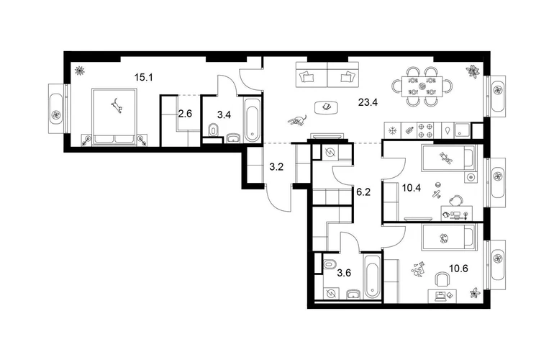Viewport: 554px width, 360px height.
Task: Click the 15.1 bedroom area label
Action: [x=143, y=77]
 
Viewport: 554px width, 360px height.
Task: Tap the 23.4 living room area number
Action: [x=368, y=102]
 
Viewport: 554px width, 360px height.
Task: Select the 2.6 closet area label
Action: [x=185, y=114]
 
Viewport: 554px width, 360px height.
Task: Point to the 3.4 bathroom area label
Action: [x=224, y=114]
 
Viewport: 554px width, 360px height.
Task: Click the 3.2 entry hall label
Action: [x=276, y=166]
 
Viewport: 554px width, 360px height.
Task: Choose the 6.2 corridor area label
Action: [x=363, y=192]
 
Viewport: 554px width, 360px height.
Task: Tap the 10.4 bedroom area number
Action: [x=412, y=188]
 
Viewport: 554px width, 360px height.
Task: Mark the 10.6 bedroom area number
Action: [x=458, y=269]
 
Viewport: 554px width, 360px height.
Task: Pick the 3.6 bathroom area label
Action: [x=344, y=273]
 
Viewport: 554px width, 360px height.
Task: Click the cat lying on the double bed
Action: [x=117, y=106]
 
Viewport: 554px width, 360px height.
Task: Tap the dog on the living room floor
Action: [x=296, y=120]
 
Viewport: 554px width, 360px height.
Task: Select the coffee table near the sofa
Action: [x=327, y=107]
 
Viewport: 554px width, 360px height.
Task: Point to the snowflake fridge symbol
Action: [x=392, y=130]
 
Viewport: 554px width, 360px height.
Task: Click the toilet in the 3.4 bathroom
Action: [x=213, y=130]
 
